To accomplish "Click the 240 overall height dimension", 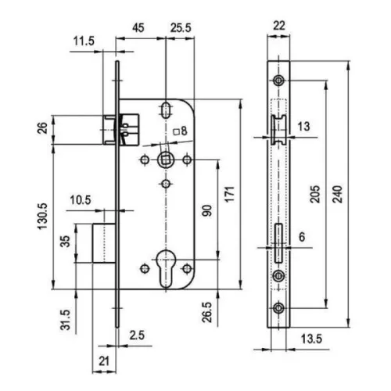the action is (338, 194).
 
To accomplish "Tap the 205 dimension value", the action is (315, 194).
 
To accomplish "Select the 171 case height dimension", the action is (230, 194).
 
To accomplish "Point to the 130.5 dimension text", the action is (43, 217).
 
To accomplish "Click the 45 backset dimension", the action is (138, 27).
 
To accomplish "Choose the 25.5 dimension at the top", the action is (181, 27).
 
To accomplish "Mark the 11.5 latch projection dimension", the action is (84, 41).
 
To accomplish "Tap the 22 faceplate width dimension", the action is (279, 26).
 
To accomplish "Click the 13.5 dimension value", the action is (311, 339).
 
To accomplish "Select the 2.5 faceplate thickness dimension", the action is (137, 335).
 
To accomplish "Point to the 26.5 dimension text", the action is (207, 312).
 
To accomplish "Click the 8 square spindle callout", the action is (181, 131).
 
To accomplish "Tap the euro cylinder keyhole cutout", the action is (165, 268).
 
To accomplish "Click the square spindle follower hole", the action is (165, 160).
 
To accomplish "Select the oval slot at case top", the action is (165, 110).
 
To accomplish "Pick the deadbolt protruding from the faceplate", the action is (104, 243).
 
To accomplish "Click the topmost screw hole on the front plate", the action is (278, 81).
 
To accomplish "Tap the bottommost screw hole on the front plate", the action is (278, 308).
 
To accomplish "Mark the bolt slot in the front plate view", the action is (278, 243).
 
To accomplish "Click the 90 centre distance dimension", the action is (207, 210).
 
